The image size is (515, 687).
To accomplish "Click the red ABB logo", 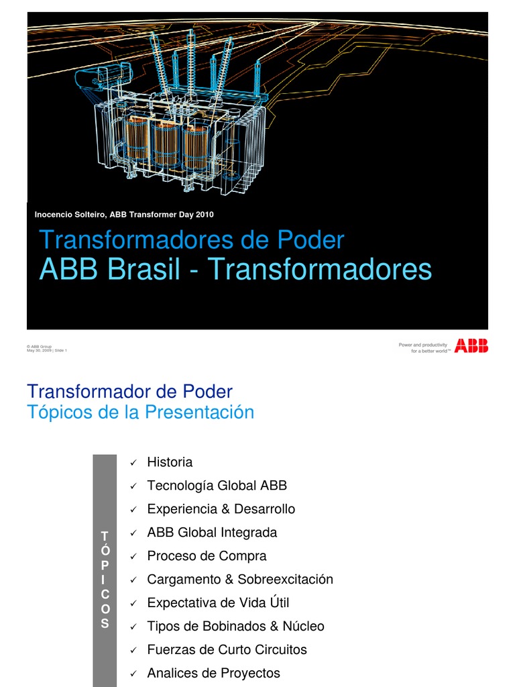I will pyautogui.click(x=471, y=346).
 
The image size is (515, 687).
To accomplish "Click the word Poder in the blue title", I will pyautogui.click(x=314, y=240).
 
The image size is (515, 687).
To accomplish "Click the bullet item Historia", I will pyautogui.click(x=170, y=462).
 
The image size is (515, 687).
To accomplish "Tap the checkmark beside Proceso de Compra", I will pyautogui.click(x=133, y=557).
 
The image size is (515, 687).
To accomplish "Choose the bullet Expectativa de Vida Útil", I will pyautogui.click(x=218, y=602).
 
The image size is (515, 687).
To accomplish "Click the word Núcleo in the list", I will pyautogui.click(x=303, y=626).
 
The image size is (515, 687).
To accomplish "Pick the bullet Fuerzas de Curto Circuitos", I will pyautogui.click(x=227, y=649).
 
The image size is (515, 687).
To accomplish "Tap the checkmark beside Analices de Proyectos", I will pyautogui.click(x=133, y=674).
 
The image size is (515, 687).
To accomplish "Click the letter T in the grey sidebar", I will pyautogui.click(x=104, y=535).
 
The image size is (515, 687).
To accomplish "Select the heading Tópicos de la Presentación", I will pyautogui.click(x=140, y=412).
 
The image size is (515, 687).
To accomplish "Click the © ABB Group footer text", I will pyautogui.click(x=38, y=346).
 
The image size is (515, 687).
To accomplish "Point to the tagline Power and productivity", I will pyautogui.click(x=424, y=345).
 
